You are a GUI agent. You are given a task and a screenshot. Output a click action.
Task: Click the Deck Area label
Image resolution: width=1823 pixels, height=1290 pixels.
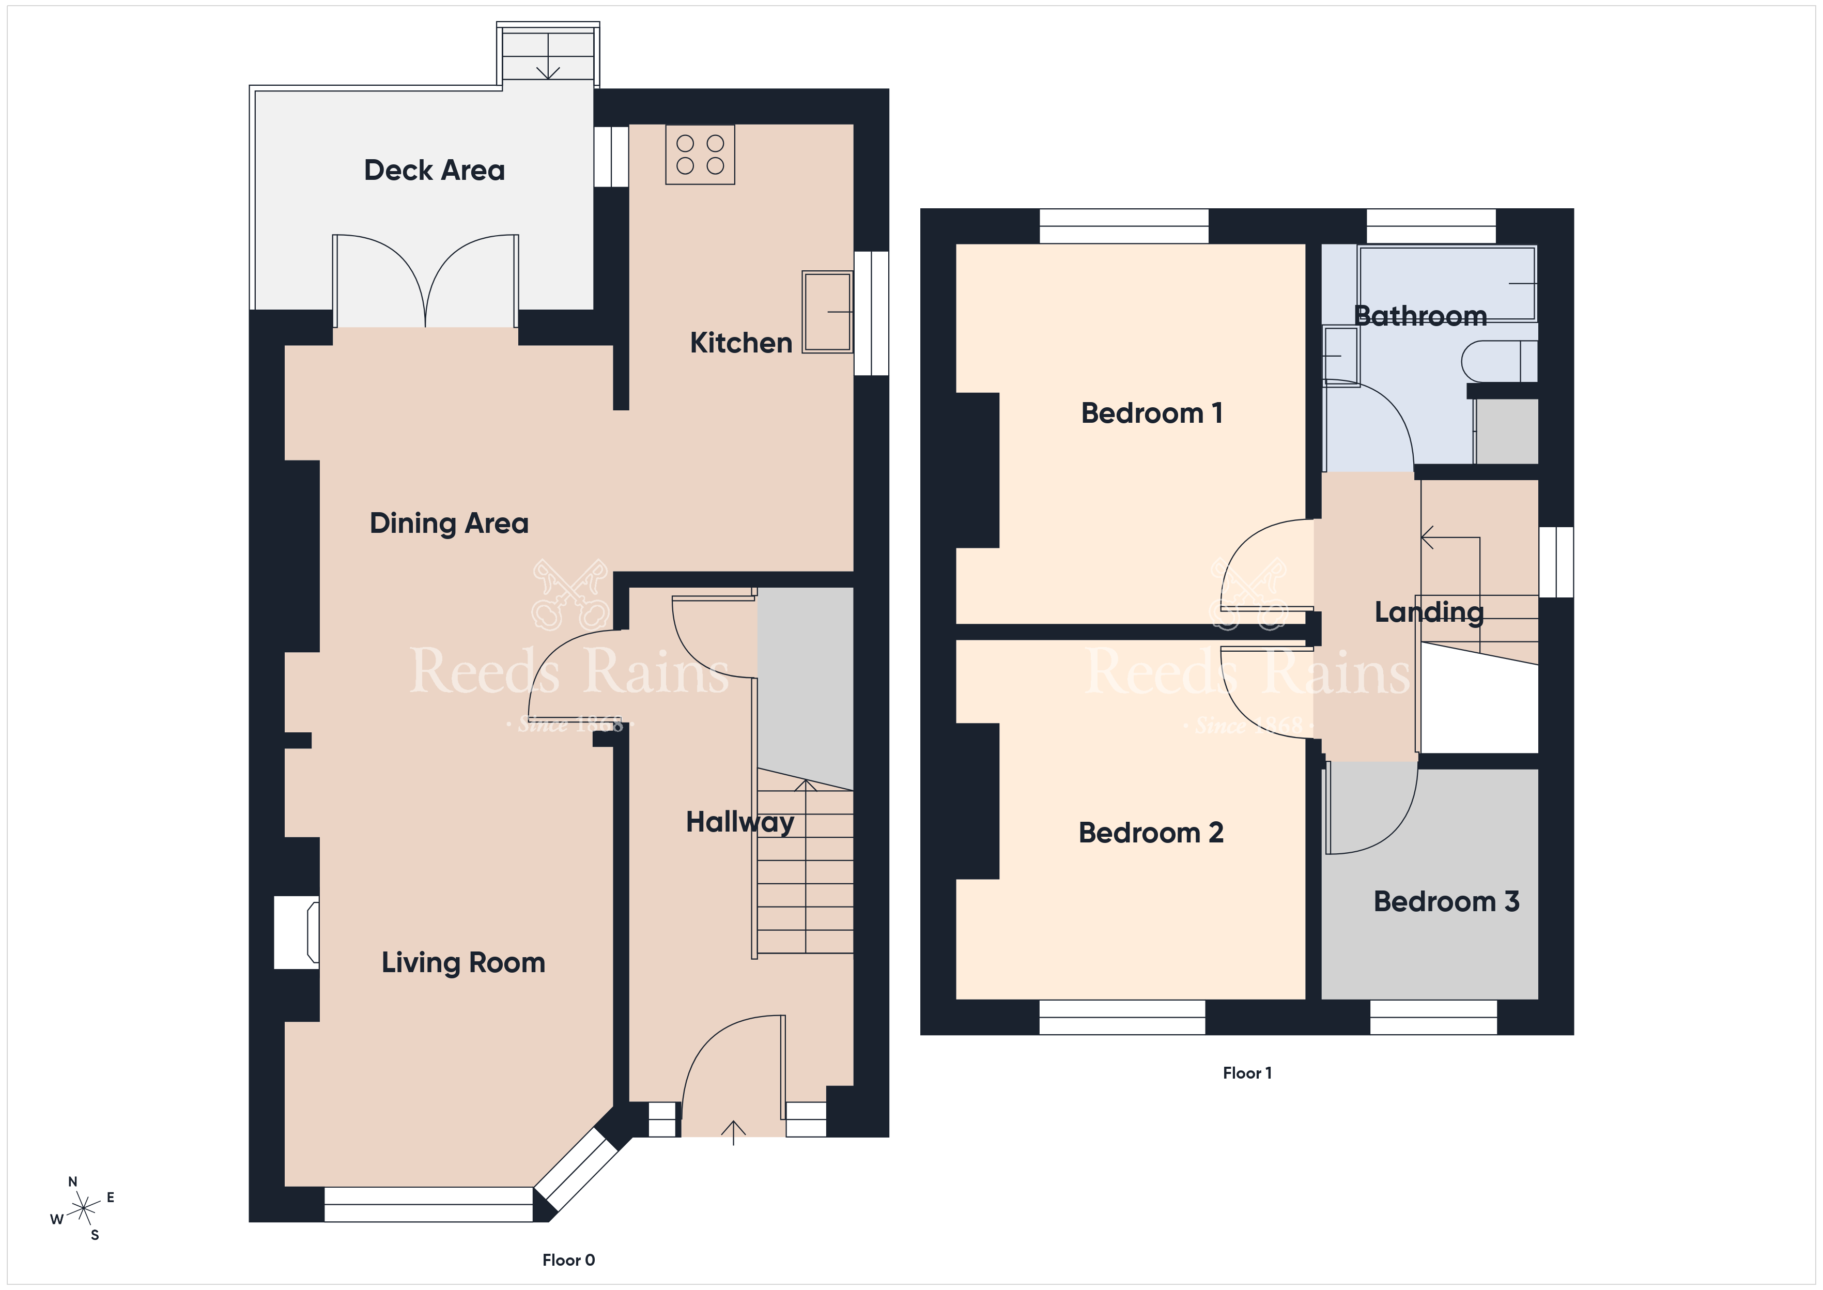pos(435,170)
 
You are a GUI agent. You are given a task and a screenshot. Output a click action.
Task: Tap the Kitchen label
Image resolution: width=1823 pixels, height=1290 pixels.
pos(741,342)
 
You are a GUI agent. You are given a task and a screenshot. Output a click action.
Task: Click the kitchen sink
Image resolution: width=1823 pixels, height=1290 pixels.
pos(827,311)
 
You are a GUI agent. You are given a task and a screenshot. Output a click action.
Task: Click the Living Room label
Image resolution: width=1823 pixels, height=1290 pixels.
pos(463,963)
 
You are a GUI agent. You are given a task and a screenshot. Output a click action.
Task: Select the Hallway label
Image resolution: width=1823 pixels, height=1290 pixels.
pos(740,822)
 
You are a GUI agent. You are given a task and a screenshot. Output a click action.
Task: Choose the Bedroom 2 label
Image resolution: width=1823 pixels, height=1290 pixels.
pos(1151,833)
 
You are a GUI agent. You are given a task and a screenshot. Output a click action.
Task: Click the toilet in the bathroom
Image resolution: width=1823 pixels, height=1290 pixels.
pos(1499,361)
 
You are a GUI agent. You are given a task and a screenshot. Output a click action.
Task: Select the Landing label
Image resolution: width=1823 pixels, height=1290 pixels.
pos(1429,611)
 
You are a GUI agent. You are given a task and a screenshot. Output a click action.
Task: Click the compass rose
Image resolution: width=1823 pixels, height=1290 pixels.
pos(83,1209)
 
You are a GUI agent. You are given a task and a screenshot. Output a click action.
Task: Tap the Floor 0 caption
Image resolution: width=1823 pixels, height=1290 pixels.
pos(568,1260)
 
